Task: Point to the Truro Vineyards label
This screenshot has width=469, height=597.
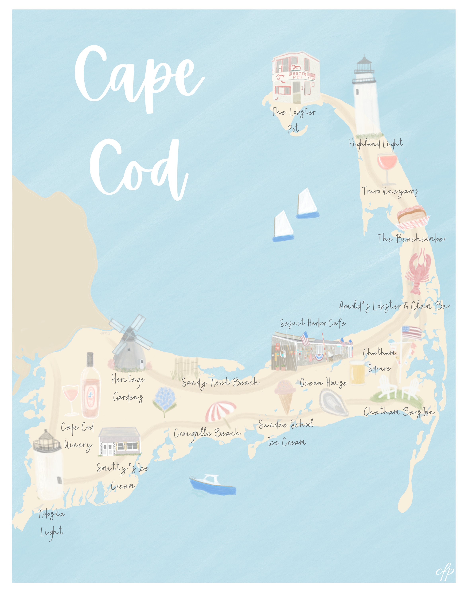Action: pyautogui.click(x=390, y=191)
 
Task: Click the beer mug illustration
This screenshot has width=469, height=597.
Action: pyautogui.click(x=357, y=372)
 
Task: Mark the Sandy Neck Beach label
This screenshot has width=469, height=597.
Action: pyautogui.click(x=220, y=382)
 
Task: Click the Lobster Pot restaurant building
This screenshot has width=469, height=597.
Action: pyautogui.click(x=296, y=77)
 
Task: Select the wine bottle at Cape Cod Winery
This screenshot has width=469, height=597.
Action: pyautogui.click(x=90, y=386)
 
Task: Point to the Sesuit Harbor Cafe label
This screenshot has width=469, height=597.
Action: pyautogui.click(x=312, y=323)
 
